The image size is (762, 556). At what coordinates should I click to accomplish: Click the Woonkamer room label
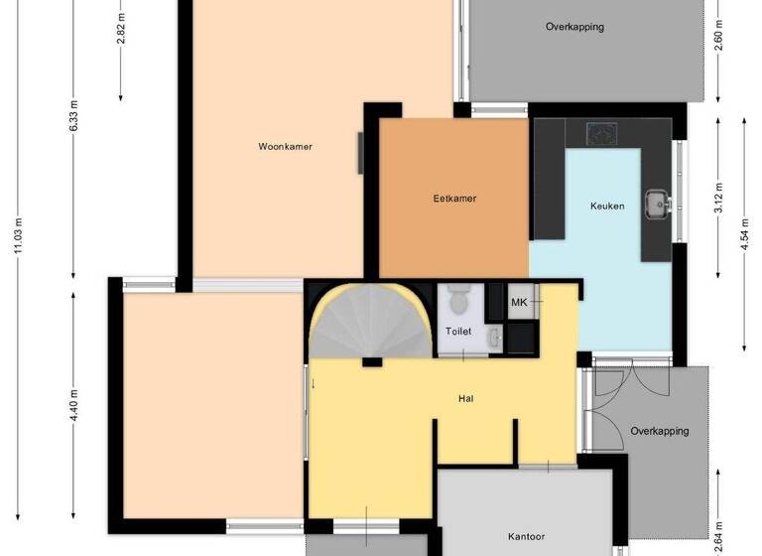(x=285, y=147)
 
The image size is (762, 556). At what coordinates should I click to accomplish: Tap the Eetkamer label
(x=454, y=199)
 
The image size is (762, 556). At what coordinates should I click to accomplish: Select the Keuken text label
(x=607, y=207)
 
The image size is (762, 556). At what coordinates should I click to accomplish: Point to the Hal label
(x=464, y=399)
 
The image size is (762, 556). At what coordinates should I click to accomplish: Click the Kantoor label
(x=526, y=536)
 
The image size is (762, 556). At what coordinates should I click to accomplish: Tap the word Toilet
(x=458, y=332)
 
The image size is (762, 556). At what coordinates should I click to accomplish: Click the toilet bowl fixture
(x=458, y=298)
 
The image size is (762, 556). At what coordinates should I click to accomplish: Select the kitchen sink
(x=656, y=204)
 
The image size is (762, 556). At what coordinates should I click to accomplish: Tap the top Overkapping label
(x=574, y=27)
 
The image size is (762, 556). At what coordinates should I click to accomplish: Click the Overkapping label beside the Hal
(x=660, y=431)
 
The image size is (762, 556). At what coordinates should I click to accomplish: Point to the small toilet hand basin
(x=496, y=341)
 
